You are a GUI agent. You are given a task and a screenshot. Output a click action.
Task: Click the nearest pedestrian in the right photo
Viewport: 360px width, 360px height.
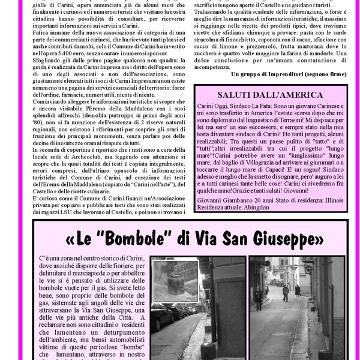(x=286, y=293)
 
